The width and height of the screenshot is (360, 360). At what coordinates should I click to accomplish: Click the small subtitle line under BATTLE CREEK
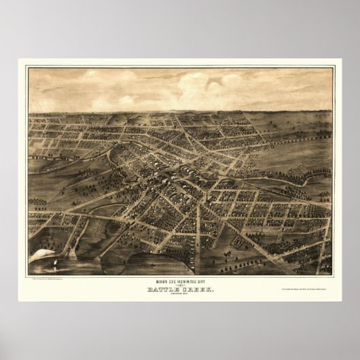180,278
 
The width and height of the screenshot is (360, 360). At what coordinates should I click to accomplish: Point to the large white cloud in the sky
211,85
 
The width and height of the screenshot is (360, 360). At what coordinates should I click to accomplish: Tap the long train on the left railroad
61,163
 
